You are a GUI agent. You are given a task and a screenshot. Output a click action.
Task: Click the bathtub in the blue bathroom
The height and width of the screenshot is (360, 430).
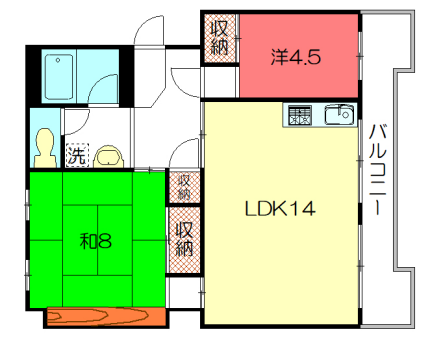pyautogui.click(x=62, y=75)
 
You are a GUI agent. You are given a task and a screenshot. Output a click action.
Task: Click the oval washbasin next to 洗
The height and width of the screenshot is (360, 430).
pyautogui.click(x=108, y=155)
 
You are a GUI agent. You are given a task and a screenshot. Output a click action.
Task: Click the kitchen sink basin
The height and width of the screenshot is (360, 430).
pyautogui.click(x=339, y=113)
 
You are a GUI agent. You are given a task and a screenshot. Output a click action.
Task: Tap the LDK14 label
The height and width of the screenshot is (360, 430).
pyautogui.click(x=281, y=209)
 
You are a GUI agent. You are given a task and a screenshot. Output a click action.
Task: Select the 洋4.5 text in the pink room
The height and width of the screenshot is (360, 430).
pyautogui.click(x=295, y=57)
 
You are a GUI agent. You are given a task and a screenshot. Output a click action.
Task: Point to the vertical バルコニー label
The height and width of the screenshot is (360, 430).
pyautogui.click(x=378, y=170)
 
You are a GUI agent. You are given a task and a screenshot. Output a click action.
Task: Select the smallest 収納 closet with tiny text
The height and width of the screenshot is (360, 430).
pyautogui.click(x=184, y=186)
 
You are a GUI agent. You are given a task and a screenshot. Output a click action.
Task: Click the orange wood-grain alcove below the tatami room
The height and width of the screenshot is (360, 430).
pyautogui.click(x=105, y=317)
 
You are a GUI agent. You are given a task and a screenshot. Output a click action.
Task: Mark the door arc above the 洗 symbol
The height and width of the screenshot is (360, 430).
pyautogui.click(x=80, y=125)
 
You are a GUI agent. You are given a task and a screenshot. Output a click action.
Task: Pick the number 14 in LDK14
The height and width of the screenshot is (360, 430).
pyautogui.click(x=302, y=209)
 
